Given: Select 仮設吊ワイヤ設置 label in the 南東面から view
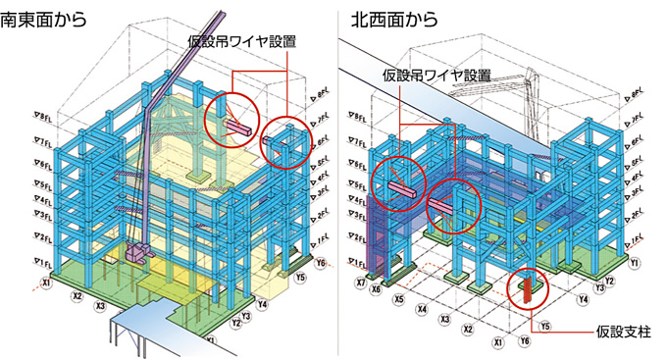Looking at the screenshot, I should (242, 42).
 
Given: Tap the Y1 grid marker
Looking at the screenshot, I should (636, 264).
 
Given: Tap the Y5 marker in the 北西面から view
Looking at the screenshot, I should (545, 326).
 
